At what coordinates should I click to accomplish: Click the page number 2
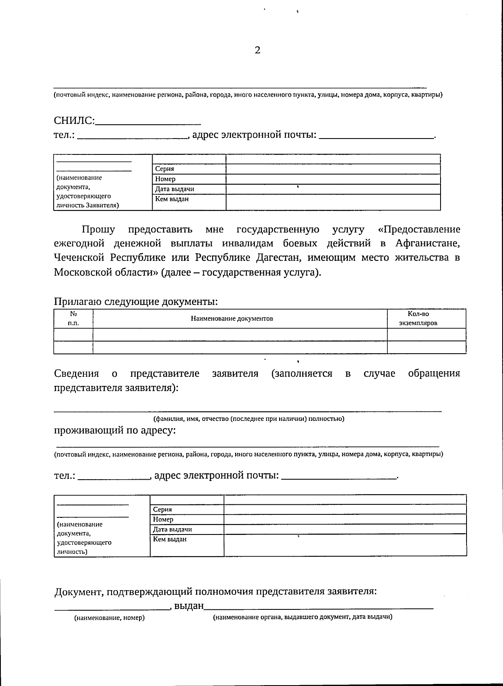coord(257,51)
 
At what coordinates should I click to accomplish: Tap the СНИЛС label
coord(74,121)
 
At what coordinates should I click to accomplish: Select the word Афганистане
coord(427,244)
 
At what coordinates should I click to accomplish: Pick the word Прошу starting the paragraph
coord(99,229)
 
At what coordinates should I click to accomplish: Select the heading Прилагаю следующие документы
coord(136,301)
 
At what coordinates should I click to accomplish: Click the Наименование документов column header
coord(232,319)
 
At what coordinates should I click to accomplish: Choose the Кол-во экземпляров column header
coord(418,319)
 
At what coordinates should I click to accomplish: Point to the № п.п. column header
coord(73,319)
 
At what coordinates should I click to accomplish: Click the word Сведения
coord(77,373)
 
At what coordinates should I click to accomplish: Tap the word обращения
coord(434,373)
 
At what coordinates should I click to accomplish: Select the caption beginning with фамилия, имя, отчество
coord(249,419)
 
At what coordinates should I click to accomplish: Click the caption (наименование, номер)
coord(109,618)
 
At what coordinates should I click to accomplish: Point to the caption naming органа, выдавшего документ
coord(303,617)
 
